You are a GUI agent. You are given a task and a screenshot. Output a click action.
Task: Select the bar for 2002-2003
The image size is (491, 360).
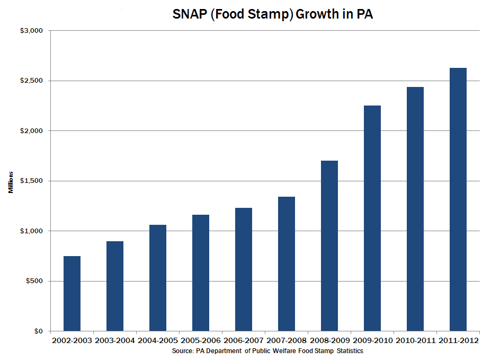click(72, 293)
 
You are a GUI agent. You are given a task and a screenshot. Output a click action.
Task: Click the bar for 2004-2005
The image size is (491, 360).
click(158, 278)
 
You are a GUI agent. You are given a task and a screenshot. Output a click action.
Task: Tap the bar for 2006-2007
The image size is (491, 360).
click(244, 269)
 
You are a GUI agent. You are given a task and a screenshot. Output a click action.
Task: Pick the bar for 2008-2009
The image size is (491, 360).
click(329, 245)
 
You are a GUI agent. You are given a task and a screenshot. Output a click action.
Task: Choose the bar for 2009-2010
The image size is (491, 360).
click(372, 218)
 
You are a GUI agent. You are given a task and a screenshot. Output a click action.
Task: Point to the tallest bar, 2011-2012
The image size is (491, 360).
click(458, 199)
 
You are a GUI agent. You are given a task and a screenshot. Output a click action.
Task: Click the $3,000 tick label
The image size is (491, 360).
click(31, 31)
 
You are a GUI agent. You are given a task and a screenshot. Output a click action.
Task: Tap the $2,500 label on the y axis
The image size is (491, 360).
click(31, 81)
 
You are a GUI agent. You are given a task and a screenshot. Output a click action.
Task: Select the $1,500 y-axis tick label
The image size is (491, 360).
click(31, 181)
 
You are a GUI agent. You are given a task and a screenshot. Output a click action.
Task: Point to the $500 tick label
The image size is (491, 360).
click(34, 281)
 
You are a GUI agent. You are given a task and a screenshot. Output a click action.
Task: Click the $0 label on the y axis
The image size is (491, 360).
click(38, 331)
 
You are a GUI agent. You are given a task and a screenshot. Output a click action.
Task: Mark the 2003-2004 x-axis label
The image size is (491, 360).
click(115, 340)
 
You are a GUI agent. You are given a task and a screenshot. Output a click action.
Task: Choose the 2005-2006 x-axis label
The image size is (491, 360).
click(201, 340)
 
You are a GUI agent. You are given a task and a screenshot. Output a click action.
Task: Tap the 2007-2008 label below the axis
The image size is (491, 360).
click(287, 340)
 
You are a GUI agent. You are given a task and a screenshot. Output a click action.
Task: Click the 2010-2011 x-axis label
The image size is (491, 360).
click(415, 340)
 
